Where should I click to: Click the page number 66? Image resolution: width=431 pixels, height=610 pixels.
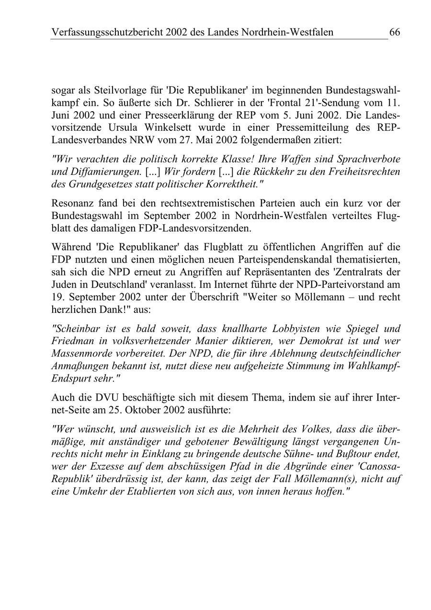tap(395, 33)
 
